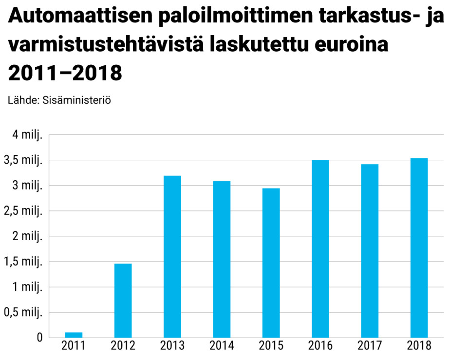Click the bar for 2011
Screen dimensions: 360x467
[x=74, y=335]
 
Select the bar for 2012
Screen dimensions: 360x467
[x=123, y=301]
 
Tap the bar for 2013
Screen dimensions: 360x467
[x=172, y=257]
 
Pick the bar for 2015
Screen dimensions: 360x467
[x=271, y=263]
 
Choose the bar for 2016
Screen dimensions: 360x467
[x=320, y=249]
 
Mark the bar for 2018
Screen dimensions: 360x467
[x=419, y=248]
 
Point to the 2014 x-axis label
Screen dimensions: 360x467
[x=222, y=346]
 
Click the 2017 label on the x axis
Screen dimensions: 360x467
[x=370, y=346]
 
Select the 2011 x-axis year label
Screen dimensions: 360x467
[x=74, y=346]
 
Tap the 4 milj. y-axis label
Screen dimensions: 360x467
[x=27, y=135]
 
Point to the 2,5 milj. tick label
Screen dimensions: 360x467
[x=23, y=211]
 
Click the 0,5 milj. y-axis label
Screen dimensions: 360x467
[x=23, y=312]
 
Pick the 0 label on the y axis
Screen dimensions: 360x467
[x=39, y=338]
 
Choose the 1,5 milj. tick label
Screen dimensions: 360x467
[x=23, y=262]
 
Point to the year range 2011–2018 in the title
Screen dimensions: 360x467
[x=65, y=73]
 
